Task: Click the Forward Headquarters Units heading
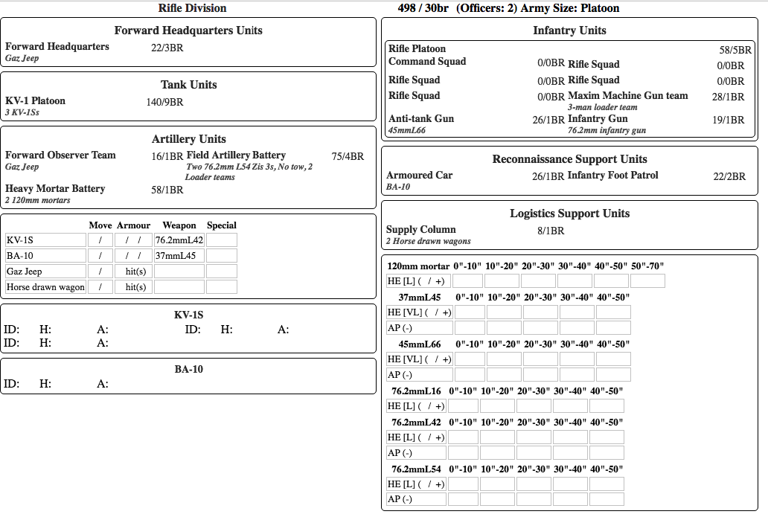click(x=188, y=31)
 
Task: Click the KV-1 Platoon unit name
click(x=35, y=101)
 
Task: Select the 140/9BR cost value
click(x=164, y=103)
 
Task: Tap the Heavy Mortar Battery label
click(x=55, y=189)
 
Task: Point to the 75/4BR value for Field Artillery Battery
click(x=348, y=157)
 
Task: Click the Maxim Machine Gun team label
click(x=627, y=96)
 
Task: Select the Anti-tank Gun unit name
click(x=421, y=119)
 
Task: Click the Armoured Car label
click(x=419, y=176)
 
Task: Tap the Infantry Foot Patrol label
click(x=612, y=176)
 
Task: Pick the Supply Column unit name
click(x=420, y=230)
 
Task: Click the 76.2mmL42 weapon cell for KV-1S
click(x=179, y=240)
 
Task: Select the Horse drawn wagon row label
click(x=45, y=287)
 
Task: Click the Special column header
click(x=221, y=225)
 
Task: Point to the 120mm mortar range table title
click(x=418, y=266)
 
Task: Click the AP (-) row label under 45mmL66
click(x=400, y=375)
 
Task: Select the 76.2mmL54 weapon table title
click(x=416, y=469)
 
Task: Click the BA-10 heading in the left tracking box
click(x=188, y=370)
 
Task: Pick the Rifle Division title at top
click(x=192, y=8)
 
